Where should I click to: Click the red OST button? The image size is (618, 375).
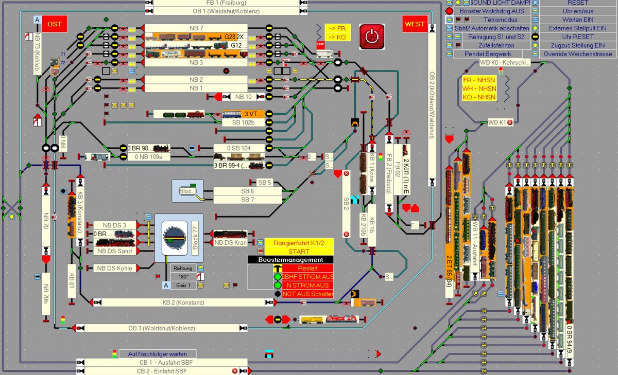click(55, 24)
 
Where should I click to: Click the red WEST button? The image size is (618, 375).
click(415, 24)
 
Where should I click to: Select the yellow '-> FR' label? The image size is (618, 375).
click(337, 29)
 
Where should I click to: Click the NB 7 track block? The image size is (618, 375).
click(196, 28)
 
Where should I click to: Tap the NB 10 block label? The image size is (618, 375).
click(243, 97)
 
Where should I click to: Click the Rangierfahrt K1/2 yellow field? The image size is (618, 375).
click(299, 242)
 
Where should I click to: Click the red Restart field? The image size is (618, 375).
click(307, 268)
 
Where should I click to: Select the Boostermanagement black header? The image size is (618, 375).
click(290, 260)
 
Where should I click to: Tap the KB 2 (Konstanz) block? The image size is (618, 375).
click(183, 302)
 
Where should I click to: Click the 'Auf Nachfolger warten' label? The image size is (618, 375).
click(157, 354)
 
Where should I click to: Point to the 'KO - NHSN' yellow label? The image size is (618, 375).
click(479, 97)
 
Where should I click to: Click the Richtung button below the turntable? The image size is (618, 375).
click(183, 268)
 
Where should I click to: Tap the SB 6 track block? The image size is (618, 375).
click(248, 191)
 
